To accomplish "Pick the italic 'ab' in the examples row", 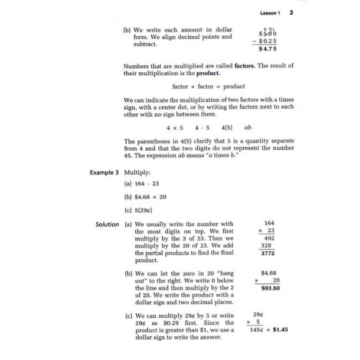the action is click(x=248, y=126).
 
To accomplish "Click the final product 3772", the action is click(x=268, y=253).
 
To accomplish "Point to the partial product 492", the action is click(x=269, y=237).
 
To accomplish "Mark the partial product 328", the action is click(x=267, y=245).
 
